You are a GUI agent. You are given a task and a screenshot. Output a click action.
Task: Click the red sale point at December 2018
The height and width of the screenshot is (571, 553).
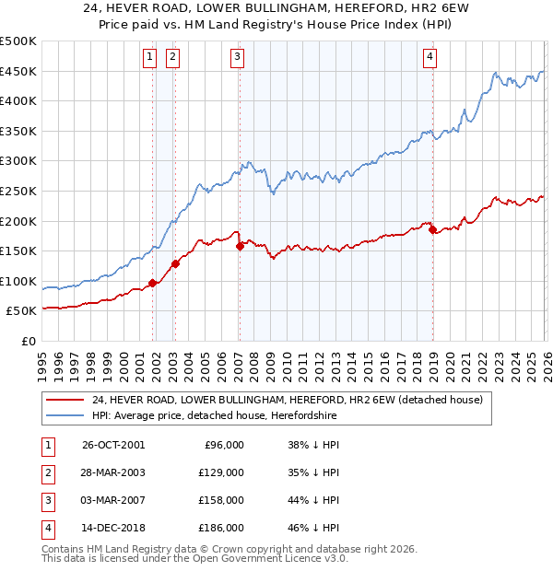432,229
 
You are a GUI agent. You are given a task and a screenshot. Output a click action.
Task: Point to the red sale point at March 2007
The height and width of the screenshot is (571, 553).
240,246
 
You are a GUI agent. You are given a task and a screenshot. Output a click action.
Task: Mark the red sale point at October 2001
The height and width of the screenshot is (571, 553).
152,284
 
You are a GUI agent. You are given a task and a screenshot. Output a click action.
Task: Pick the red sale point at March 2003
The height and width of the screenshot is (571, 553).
175,263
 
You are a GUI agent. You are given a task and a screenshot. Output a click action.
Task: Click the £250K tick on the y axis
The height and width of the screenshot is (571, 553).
18,191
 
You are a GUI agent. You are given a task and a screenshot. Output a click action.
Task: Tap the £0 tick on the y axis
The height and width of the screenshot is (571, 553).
29,341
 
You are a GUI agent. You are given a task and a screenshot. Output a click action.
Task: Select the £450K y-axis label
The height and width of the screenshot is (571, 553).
18,71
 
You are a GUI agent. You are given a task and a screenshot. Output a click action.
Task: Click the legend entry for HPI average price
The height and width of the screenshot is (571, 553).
215,416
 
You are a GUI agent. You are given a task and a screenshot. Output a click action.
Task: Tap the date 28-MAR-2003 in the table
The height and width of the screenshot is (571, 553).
112,472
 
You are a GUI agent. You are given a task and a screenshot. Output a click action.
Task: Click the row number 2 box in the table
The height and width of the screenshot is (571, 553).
45,472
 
